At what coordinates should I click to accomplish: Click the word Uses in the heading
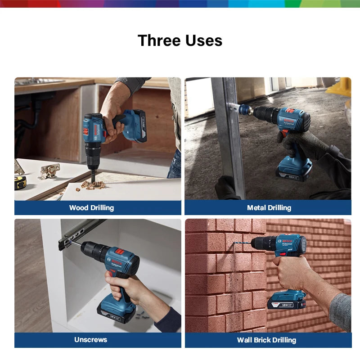pyautogui.click(x=205, y=40)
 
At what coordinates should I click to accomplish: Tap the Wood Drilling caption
pyautogui.click(x=91, y=207)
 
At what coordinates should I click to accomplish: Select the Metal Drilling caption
pyautogui.click(x=269, y=207)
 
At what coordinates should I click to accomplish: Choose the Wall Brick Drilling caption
pyautogui.click(x=266, y=340)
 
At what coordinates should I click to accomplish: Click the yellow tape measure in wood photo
pyautogui.click(x=20, y=182)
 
